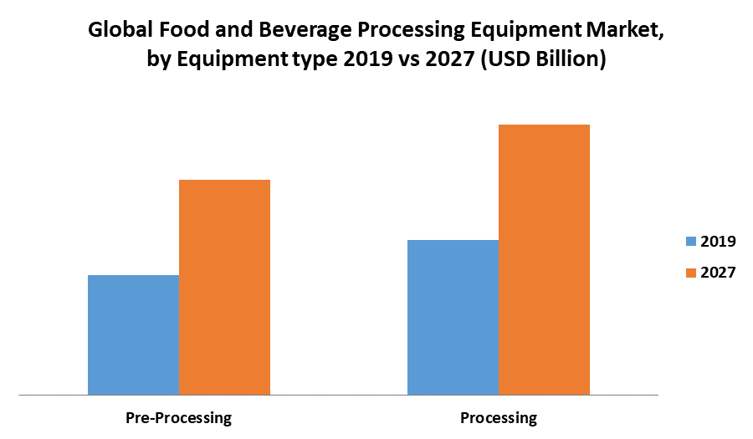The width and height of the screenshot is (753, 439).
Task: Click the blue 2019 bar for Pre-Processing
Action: (133, 334)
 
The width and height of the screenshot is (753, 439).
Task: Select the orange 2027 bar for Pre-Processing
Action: (224, 287)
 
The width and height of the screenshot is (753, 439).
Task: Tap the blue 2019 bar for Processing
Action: (453, 317)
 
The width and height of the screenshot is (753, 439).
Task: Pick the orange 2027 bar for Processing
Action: (544, 259)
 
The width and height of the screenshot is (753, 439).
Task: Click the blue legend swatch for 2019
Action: (691, 242)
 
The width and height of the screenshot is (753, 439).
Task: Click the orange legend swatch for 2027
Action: (691, 273)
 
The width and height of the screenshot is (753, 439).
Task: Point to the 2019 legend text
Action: (718, 242)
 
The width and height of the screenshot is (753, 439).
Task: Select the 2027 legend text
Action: (718, 273)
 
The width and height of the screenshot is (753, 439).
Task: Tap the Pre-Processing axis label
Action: (178, 417)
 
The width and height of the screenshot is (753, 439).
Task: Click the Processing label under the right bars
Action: (499, 417)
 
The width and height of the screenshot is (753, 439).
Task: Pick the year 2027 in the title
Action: (451, 61)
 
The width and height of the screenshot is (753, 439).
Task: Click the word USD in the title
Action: (514, 61)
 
